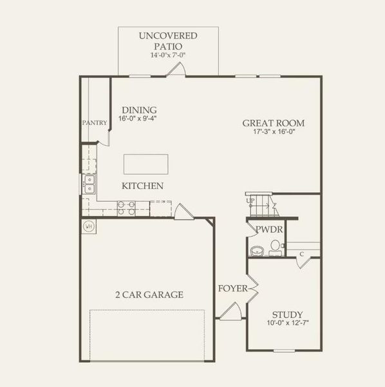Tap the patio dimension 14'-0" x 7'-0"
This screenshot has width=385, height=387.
point(168,56)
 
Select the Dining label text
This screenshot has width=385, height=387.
point(139,110)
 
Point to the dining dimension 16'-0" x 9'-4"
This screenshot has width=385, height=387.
point(138,119)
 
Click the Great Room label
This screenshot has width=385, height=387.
point(273,123)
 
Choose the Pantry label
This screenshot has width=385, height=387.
point(94,123)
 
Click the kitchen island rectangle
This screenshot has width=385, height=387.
point(146,164)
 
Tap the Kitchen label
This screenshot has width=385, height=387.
point(142,186)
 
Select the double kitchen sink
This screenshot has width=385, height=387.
point(89,184)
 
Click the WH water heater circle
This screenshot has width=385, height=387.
point(89,226)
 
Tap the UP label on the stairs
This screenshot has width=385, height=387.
point(250,201)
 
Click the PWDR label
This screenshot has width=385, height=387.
point(266,229)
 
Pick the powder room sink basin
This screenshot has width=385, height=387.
point(256,250)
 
